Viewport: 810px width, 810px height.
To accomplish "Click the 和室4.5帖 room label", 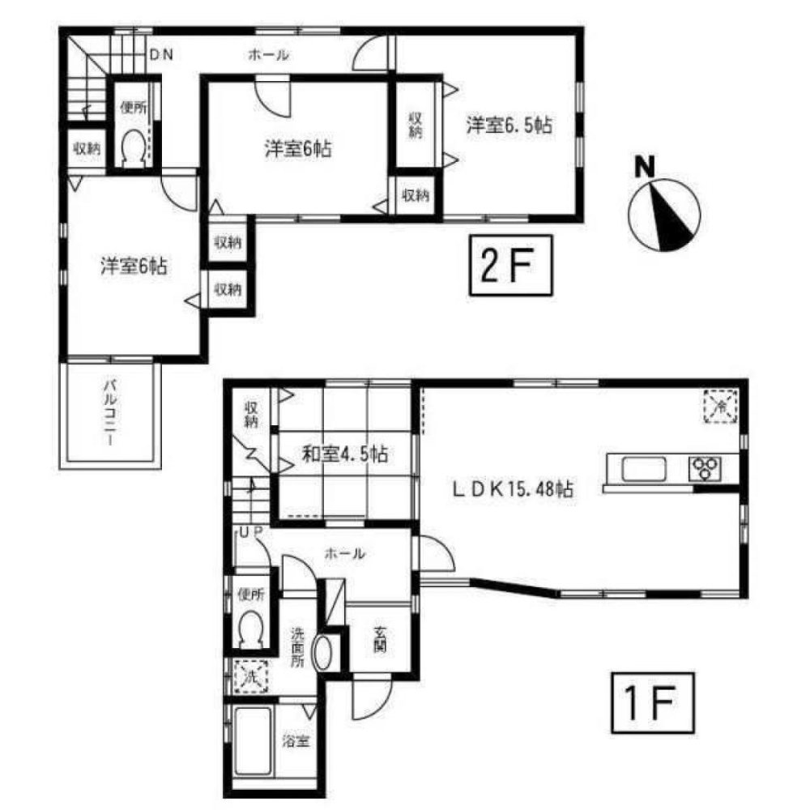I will [344, 455].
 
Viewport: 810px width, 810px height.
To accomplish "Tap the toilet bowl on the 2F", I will [131, 148].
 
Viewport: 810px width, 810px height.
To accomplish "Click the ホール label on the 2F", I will [267, 55].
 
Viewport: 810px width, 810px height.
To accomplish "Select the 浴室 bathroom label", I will [293, 741].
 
